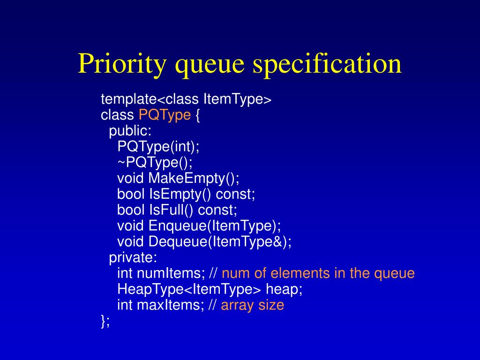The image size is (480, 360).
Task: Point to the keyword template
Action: click(128, 99)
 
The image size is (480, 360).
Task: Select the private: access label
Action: click(133, 258)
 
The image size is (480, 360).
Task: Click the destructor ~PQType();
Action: click(155, 163)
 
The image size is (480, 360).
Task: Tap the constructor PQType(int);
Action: click(158, 147)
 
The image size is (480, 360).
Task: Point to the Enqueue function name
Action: click(178, 226)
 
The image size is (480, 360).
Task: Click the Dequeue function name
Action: click(179, 242)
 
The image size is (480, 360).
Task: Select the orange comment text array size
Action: click(252, 305)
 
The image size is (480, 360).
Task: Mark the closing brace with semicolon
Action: click(105, 321)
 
